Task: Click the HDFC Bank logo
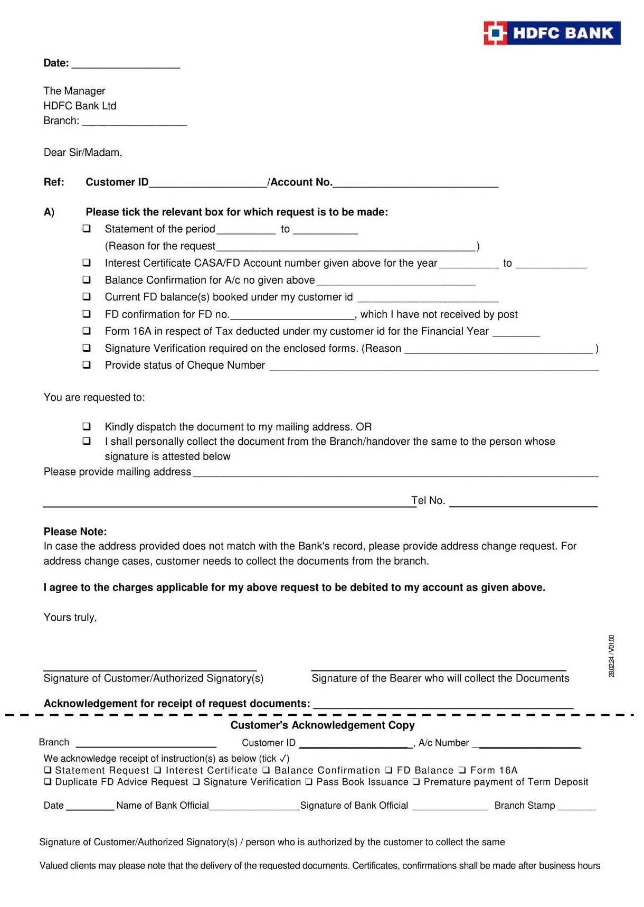coord(552,33)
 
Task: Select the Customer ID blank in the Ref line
coord(208,183)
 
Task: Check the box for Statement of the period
coord(87,229)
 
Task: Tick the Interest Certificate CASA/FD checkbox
coord(87,263)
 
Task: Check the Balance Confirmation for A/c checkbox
coord(87,279)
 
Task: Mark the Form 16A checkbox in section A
coord(87,331)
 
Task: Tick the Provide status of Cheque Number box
coord(87,364)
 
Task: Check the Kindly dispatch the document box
coord(87,426)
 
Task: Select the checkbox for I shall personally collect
coord(87,441)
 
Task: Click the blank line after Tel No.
coord(523,503)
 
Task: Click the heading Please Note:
coord(75,531)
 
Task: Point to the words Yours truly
coord(70,617)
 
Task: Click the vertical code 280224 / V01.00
coord(611,656)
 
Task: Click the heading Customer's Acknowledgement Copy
coord(323,725)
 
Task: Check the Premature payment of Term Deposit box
coord(416,782)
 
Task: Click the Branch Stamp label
coord(524,805)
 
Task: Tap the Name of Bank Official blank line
coord(254,807)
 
